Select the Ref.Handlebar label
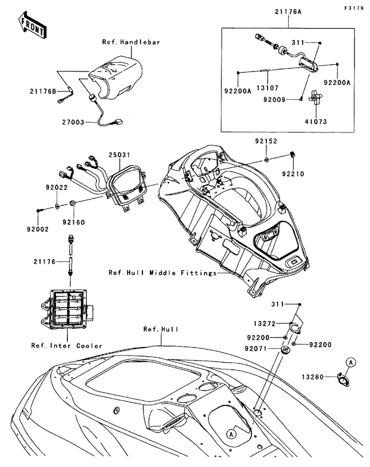click(131, 43)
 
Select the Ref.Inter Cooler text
click(66, 345)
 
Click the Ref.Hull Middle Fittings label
click(162, 272)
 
